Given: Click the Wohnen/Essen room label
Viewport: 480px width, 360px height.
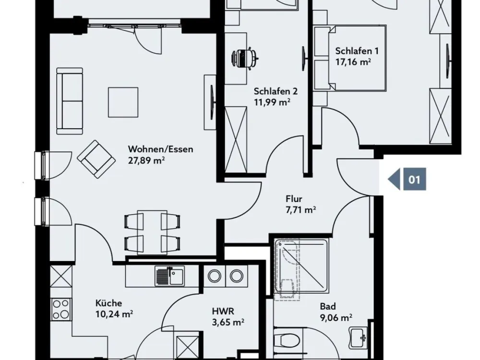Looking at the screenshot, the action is [160, 149].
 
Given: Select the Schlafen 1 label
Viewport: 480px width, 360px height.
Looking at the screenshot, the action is [357, 51].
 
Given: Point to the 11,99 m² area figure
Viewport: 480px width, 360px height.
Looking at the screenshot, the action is [272, 102].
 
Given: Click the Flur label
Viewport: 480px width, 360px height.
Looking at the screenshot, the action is [294, 199].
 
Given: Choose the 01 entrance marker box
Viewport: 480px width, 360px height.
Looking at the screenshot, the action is [415, 179].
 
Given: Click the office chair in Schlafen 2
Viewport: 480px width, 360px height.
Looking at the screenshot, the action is [245, 58].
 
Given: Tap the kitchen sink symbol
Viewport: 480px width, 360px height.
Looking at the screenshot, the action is [170, 276].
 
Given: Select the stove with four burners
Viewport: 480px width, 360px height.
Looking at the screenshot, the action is [61, 309].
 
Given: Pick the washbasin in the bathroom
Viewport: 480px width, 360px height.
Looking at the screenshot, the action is [359, 337].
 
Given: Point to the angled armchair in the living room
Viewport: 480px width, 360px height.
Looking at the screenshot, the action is [96, 159].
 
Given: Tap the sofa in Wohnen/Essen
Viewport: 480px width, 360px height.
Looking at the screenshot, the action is [70, 101].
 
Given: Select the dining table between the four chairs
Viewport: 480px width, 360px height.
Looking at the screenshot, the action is [152, 232].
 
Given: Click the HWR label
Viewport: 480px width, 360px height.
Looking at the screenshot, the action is [223, 312].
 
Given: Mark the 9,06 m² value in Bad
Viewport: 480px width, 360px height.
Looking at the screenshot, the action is [336, 317].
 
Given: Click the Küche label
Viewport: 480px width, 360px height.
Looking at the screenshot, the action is [108, 303].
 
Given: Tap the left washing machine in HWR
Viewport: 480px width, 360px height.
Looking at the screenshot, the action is [214, 276].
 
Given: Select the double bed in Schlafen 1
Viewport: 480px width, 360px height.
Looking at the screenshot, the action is [357, 58].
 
